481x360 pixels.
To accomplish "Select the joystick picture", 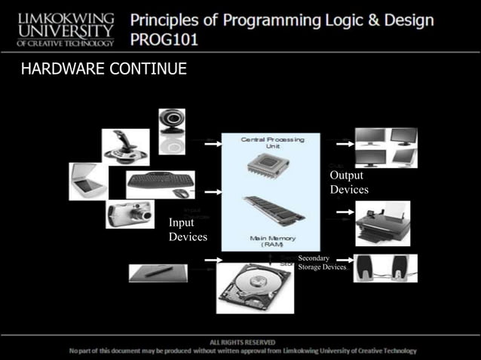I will (125, 147).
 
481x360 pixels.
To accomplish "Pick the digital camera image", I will (130, 213).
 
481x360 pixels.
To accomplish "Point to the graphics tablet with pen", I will (159, 272).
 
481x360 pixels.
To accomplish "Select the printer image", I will (382, 222).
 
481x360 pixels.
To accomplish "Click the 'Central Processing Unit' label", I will (272, 142).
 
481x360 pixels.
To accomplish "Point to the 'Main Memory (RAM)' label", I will (272, 242).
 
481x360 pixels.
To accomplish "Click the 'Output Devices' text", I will (348, 182).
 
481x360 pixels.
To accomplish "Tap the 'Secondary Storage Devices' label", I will (322, 263).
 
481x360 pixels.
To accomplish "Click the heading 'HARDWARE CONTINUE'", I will (104, 71).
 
